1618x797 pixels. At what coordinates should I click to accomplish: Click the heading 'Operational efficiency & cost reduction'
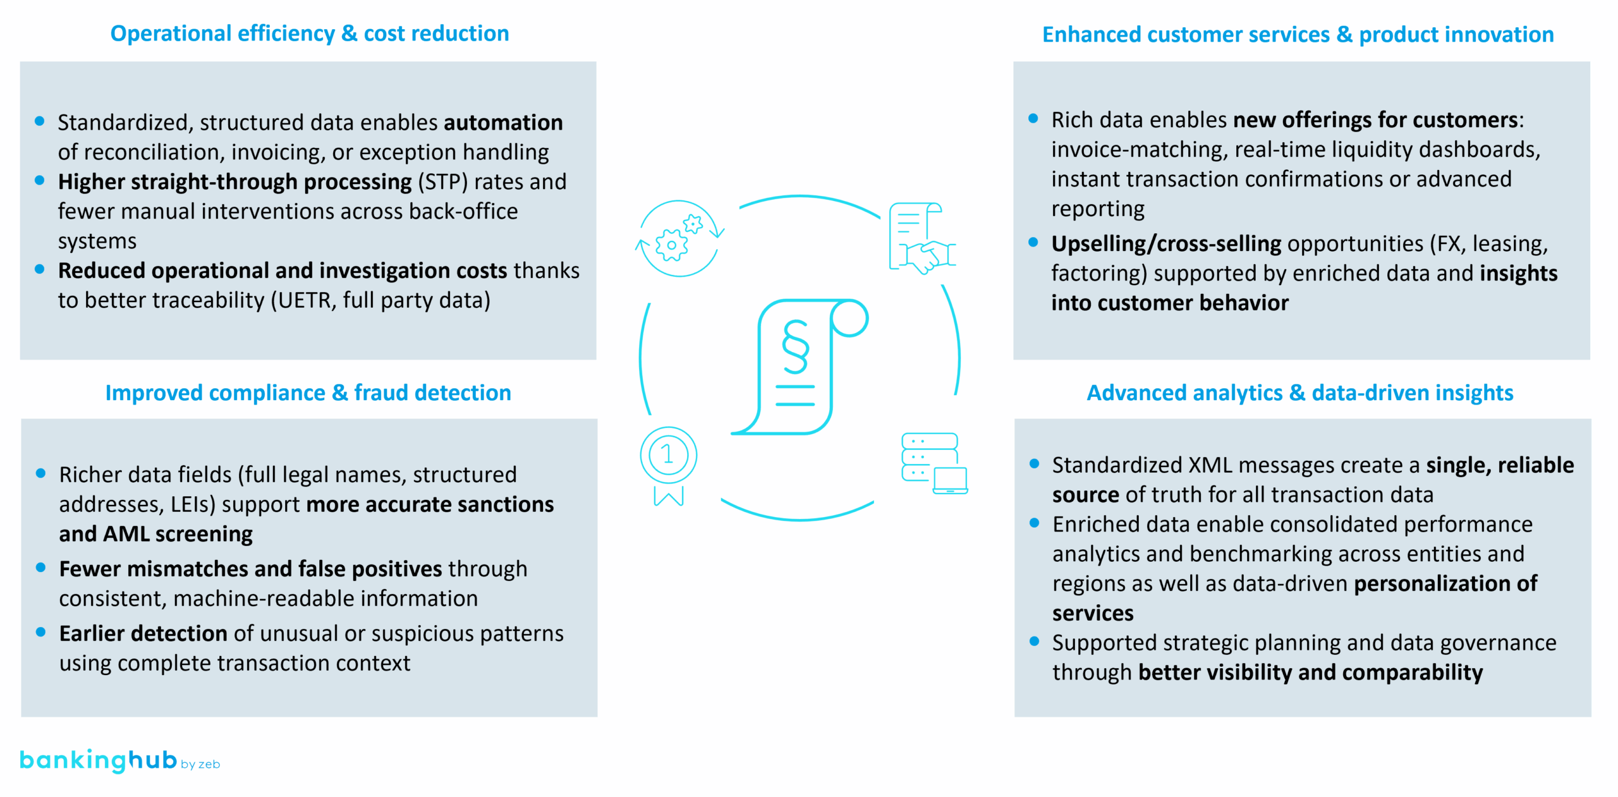309,33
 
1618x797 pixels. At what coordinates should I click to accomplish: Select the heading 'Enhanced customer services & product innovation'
1298,35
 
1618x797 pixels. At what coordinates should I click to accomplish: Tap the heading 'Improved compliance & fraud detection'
308,392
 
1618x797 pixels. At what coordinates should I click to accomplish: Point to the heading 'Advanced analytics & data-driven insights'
1299,392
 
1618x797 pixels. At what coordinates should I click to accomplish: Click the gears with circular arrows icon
679,239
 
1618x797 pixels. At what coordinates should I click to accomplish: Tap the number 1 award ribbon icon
668,464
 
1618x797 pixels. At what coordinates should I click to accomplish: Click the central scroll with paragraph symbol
800,367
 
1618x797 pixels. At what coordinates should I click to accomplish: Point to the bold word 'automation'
503,123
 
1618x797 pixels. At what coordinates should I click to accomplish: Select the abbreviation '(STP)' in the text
442,182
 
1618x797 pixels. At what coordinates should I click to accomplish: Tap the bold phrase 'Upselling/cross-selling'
1166,244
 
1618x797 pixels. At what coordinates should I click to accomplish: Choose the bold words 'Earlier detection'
143,634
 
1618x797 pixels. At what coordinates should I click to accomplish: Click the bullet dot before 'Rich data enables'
1033,118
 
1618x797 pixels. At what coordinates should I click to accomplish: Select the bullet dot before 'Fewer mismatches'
41,568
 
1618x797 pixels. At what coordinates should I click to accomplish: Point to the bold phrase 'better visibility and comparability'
1310,672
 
